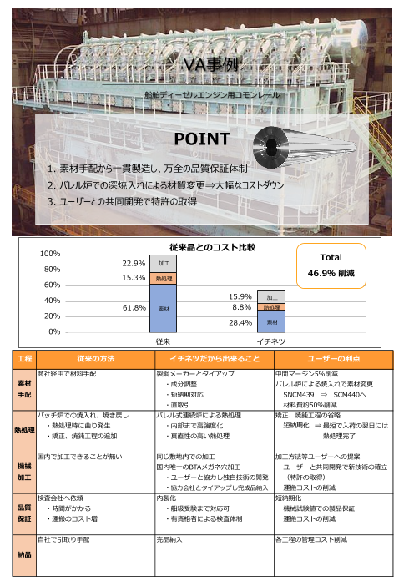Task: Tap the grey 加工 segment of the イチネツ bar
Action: coord(272,296)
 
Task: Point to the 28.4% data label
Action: coord(240,321)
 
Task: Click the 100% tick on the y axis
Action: coord(48,253)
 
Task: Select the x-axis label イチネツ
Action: coord(271,341)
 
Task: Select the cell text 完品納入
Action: coord(170,540)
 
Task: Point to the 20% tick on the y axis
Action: coord(50,316)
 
